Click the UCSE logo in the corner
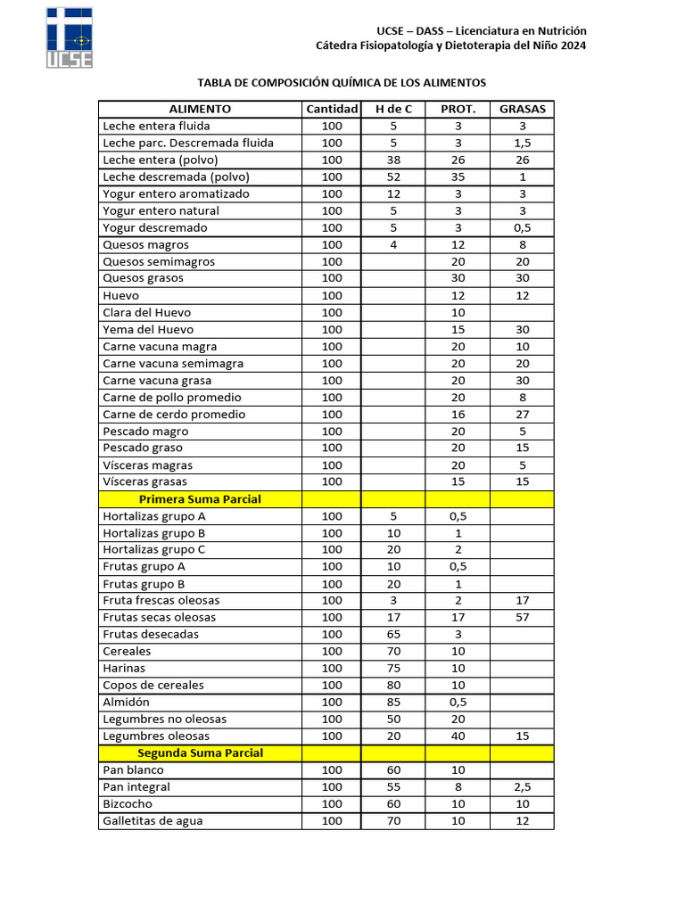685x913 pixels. tap(70, 37)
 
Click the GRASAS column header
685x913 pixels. tap(522, 109)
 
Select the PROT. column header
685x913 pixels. tap(458, 109)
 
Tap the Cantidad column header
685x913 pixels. tap(332, 109)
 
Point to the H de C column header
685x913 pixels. tap(393, 109)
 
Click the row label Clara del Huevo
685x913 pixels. tap(146, 313)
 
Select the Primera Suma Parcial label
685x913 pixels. tap(200, 499)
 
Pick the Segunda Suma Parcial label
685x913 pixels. tap(200, 753)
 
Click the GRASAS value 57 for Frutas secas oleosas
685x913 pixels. tap(522, 618)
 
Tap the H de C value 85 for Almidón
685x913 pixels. tap(393, 703)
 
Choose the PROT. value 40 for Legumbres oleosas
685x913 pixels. tap(458, 736)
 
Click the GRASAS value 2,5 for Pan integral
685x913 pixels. tap(522, 787)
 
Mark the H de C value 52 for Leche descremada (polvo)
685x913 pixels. tap(393, 177)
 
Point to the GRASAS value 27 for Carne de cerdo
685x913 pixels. tap(522, 415)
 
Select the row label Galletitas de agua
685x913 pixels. tap(153, 821)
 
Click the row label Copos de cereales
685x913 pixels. tap(153, 686)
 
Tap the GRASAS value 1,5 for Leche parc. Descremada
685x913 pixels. tap(522, 144)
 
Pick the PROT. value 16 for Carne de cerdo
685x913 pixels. tap(458, 415)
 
